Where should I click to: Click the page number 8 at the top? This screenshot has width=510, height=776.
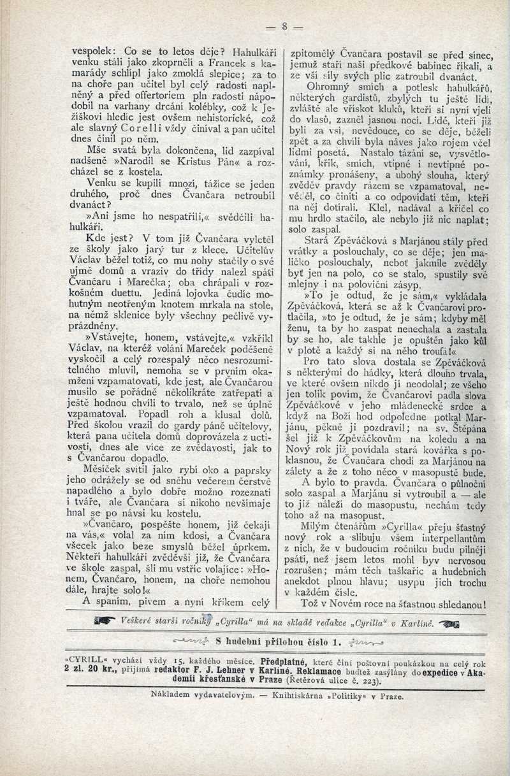click(x=284, y=26)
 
